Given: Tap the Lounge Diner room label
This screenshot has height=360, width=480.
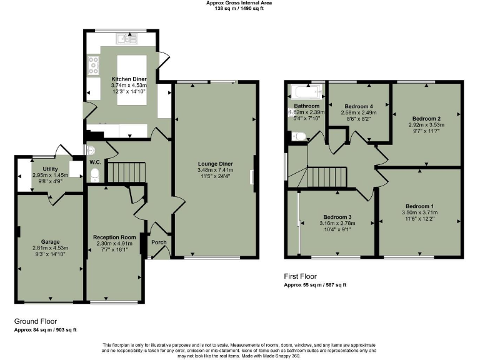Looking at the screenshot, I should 215,163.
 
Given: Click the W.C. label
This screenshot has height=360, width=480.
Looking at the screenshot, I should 95,162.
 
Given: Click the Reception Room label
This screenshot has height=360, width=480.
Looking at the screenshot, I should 114,237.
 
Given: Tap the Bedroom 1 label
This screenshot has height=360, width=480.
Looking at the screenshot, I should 419,206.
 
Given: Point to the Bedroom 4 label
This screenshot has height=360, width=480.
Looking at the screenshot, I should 359,106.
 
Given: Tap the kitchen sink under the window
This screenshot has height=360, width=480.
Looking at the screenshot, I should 131,40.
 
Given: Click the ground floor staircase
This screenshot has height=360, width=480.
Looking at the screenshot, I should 126,171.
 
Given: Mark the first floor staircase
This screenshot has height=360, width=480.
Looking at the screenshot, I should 328,176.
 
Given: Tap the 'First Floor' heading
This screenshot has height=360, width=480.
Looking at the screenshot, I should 301,276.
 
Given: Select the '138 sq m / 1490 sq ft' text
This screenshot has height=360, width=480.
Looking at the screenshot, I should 239,9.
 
